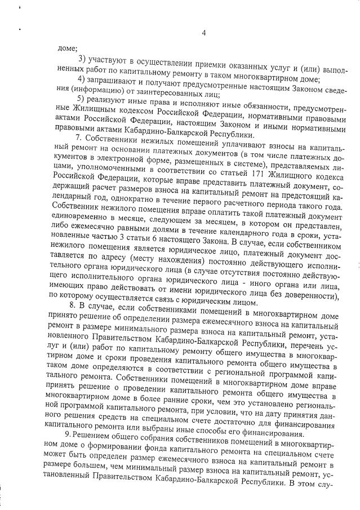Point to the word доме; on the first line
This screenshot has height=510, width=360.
68,48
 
